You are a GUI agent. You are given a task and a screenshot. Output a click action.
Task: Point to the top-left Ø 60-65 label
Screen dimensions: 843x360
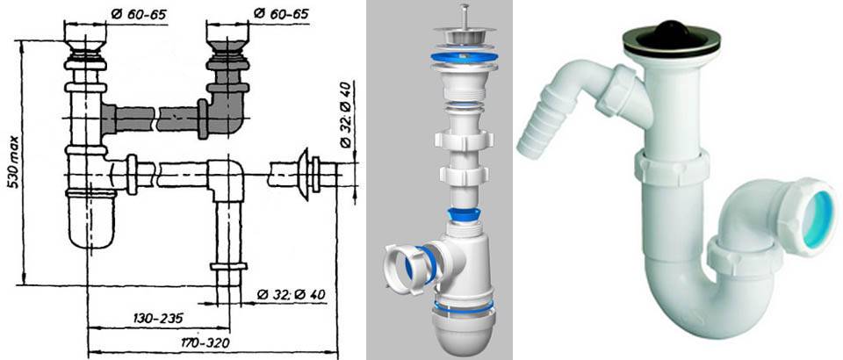coord(140,13)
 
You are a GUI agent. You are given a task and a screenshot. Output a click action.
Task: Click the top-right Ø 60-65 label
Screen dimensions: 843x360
coord(281,13)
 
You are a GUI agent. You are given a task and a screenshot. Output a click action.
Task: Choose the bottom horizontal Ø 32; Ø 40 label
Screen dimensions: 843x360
coord(291,294)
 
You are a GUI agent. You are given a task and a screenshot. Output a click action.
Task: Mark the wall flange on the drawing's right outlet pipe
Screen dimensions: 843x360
coord(303,174)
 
